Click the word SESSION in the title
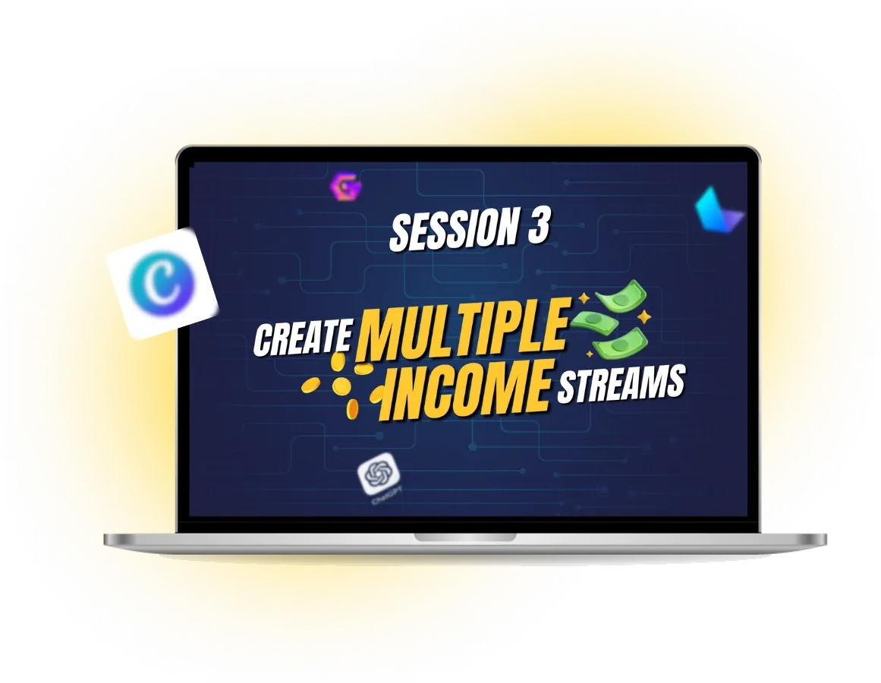pos(454,229)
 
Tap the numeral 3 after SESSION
pos(538,225)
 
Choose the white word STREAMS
pos(620,384)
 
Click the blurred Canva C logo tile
pos(162,282)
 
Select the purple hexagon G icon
pos(346,185)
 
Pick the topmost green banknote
pos(620,295)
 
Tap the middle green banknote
pos(593,321)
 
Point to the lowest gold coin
pos(352,409)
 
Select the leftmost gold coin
pos(310,386)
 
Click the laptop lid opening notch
pos(464,537)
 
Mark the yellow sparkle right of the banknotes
pos(644,317)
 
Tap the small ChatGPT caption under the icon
pos(383,498)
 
